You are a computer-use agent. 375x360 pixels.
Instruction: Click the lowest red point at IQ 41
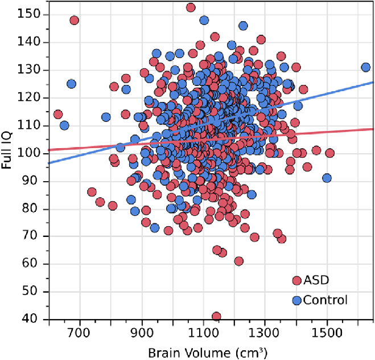(216, 317)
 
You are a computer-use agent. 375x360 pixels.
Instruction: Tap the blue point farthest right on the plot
(365, 67)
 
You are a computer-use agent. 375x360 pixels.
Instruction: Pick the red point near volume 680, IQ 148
(74, 20)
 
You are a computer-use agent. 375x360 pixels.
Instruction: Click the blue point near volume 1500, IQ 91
(327, 178)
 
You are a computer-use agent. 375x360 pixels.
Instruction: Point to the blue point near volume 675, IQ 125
(71, 84)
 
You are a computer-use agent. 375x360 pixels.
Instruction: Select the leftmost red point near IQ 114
(57, 114)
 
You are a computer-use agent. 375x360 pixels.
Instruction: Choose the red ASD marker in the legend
(296, 280)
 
